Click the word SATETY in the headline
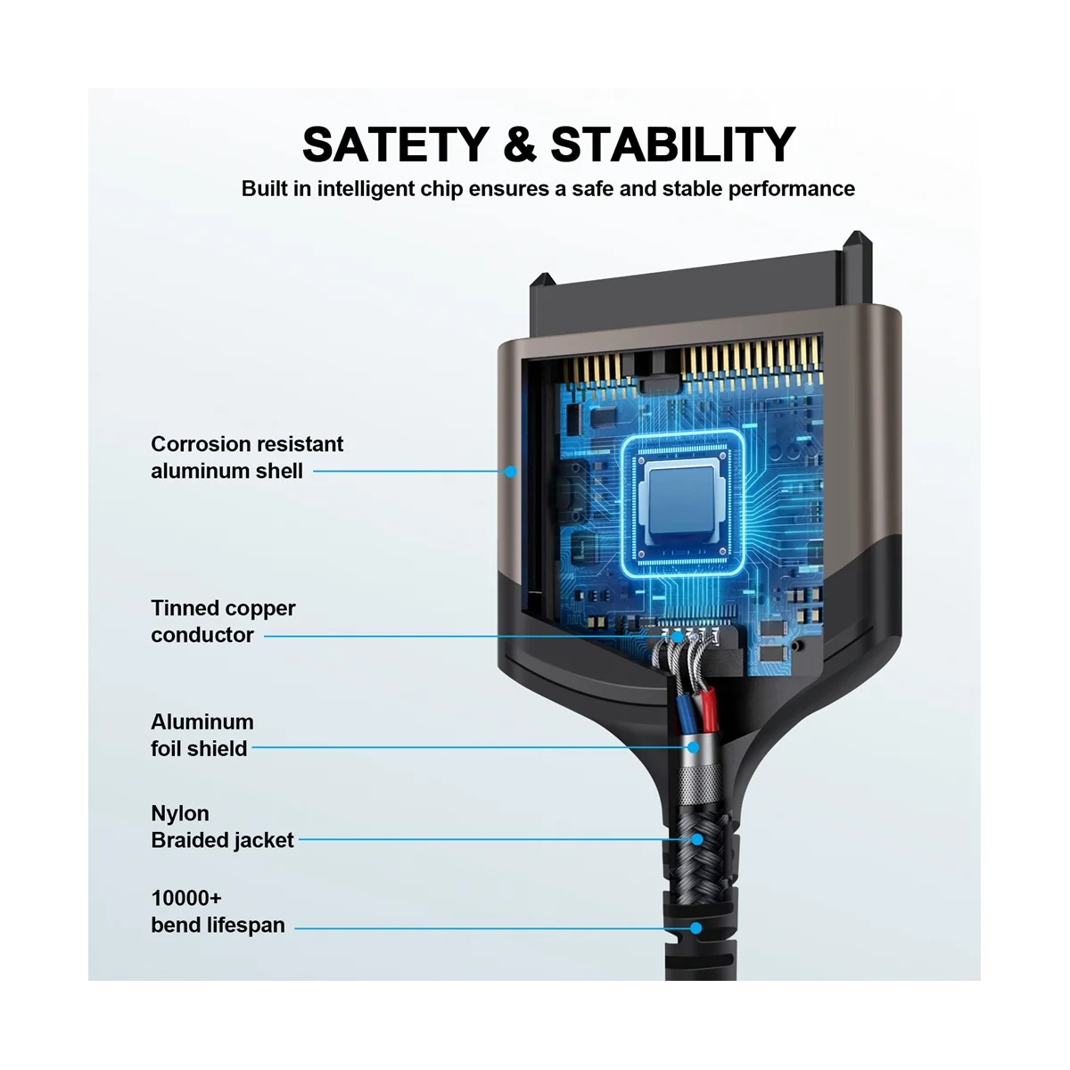(x=395, y=144)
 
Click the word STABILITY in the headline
(x=672, y=144)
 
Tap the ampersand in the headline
(x=520, y=144)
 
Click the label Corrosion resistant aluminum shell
(x=247, y=457)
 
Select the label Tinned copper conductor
(x=223, y=621)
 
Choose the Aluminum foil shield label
(x=202, y=735)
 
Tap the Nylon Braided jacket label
(x=222, y=827)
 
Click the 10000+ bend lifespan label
(x=218, y=911)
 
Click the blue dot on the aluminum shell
(x=510, y=472)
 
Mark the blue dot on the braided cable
(x=696, y=839)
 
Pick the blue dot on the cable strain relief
(x=695, y=927)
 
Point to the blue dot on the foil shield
(x=692, y=747)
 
